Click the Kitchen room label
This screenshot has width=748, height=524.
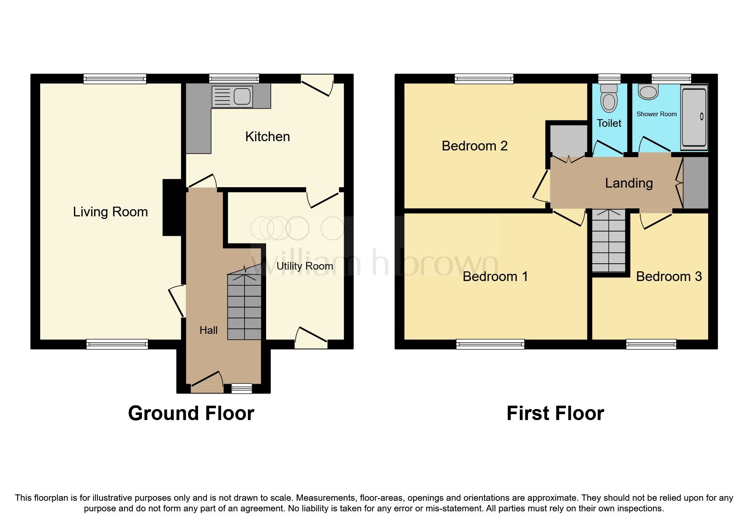point(267,136)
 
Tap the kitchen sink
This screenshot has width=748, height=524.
point(232,96)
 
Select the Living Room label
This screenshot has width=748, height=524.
point(110,212)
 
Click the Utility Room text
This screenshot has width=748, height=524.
point(305,266)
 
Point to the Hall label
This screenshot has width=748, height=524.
point(208,330)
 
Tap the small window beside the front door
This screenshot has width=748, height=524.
point(242,388)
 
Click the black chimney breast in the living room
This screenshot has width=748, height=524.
point(172,207)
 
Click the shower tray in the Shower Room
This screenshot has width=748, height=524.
point(694,117)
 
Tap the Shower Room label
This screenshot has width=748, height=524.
point(656,114)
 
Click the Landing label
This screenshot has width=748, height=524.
point(628,183)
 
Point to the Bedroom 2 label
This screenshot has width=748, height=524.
point(474,146)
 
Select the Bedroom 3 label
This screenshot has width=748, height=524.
point(669,276)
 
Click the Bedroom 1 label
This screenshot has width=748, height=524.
point(495,276)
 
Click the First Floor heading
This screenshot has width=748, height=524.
point(555,413)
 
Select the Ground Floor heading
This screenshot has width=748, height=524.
point(191,413)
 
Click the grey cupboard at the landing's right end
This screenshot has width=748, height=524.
point(696,183)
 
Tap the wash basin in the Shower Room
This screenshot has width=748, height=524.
point(648,91)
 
